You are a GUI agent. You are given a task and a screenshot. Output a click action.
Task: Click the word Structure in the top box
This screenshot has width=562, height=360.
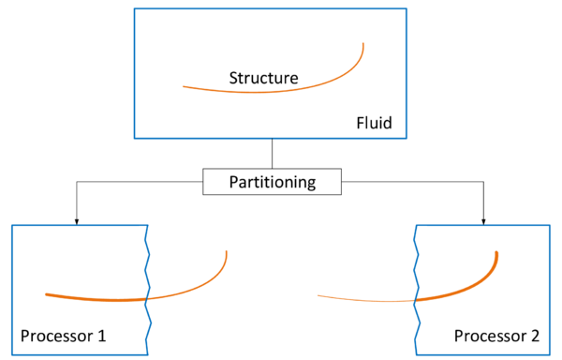pos(263,78)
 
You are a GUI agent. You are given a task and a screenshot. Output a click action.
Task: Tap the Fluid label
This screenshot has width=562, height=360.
pos(375,123)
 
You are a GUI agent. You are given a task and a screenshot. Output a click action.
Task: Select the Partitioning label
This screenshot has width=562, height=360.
pos(273,182)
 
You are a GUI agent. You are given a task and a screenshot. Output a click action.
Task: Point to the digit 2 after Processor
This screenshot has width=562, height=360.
pos(534,336)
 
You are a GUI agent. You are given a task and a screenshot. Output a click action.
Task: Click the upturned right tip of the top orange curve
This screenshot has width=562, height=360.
pos(362,43)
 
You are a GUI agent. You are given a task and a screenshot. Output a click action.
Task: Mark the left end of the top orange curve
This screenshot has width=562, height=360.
pos(184,87)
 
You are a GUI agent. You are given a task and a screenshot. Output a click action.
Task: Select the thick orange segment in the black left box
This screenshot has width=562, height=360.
pos(94,298)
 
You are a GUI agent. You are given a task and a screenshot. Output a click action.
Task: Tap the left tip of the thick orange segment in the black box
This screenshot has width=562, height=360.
pos(45,294)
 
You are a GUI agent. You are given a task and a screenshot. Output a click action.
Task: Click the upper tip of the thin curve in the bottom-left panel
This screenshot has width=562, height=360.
pos(227,251)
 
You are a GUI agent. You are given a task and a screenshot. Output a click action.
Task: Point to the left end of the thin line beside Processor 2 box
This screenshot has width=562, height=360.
pos(317,296)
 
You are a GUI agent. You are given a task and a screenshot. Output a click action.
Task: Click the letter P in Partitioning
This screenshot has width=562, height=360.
pos(233,182)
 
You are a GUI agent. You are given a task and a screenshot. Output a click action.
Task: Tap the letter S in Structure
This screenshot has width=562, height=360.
pos(234,78)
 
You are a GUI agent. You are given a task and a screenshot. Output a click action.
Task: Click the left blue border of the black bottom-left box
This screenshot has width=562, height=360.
pos(11,291)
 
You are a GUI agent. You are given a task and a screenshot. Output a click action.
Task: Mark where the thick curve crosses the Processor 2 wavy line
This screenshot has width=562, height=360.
pos(415,300)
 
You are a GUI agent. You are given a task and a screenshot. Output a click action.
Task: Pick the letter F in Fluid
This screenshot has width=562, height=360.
pos(361,123)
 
